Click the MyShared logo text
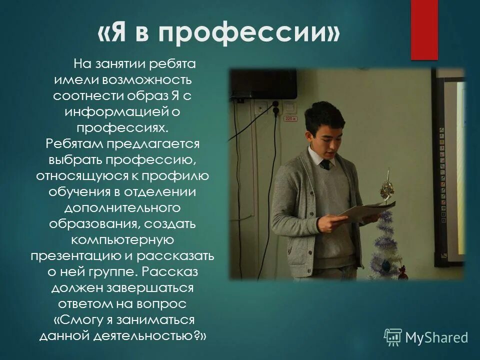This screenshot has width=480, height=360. click(x=436, y=337)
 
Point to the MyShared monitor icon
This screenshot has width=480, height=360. click(x=393, y=337)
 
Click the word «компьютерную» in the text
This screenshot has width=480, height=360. click(x=123, y=240)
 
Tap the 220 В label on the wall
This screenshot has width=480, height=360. click(x=288, y=118)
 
